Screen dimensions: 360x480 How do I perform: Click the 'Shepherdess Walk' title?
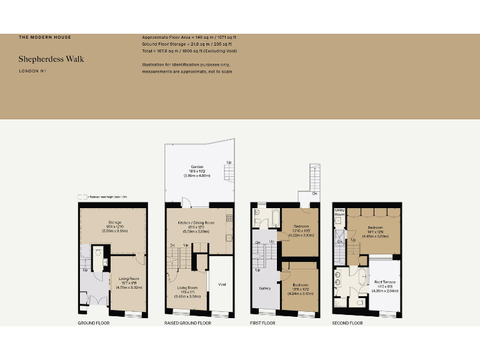point(51,59)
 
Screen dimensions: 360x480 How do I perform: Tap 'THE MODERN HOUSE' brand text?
point(44,37)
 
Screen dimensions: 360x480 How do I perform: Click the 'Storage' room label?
point(114,222)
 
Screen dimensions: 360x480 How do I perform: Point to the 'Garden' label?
point(197,167)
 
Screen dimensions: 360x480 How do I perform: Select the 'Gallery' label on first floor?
point(264,288)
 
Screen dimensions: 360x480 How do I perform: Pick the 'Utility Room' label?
point(340,212)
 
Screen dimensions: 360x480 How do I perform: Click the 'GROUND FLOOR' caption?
point(94,323)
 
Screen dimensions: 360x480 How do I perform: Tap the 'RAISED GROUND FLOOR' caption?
point(187,323)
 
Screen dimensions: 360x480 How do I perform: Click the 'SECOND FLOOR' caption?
point(347,323)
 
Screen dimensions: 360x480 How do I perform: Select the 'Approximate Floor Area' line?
point(189,37)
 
